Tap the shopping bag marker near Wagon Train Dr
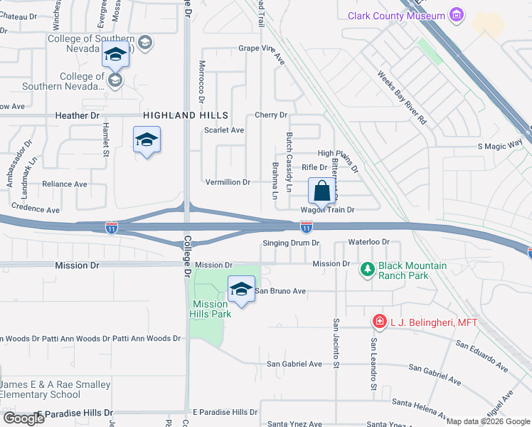pos(322,191)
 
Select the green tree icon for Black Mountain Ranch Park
pos(368,269)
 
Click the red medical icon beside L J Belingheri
pos(380,322)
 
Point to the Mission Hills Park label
pos(210,309)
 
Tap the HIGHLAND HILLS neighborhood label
pos(185,115)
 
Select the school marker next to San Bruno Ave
pos(241,289)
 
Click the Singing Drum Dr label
pos(292,243)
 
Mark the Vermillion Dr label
pos(227,182)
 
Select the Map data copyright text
pos(488,421)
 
